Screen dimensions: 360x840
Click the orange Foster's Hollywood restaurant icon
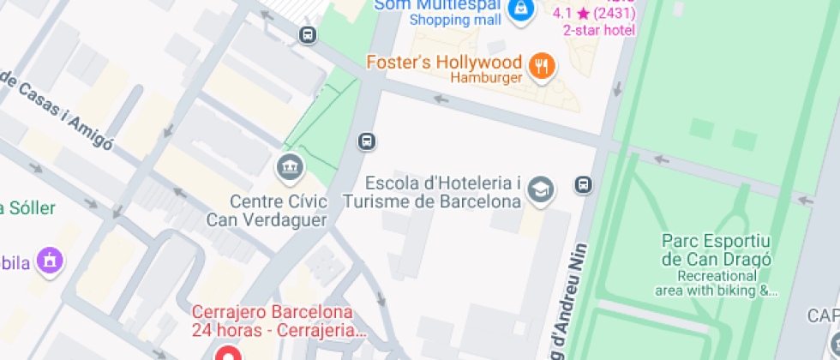pyautogui.click(x=541, y=66)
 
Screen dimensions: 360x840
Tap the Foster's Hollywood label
pyautogui.click(x=443, y=63)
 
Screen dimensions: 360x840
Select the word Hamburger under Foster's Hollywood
pyautogui.click(x=487, y=79)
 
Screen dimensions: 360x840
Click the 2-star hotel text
pyautogui.click(x=598, y=30)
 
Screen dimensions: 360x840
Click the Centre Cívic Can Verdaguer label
pyautogui.click(x=267, y=211)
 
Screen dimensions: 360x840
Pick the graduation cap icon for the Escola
pyautogui.click(x=540, y=190)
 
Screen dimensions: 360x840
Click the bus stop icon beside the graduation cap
pyautogui.click(x=583, y=184)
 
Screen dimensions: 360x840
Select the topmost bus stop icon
pyautogui.click(x=308, y=34)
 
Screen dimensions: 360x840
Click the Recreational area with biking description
pyautogui.click(x=717, y=284)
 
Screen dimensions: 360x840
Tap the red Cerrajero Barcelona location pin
pyautogui.click(x=227, y=352)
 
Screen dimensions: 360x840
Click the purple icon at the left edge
pyautogui.click(x=51, y=261)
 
